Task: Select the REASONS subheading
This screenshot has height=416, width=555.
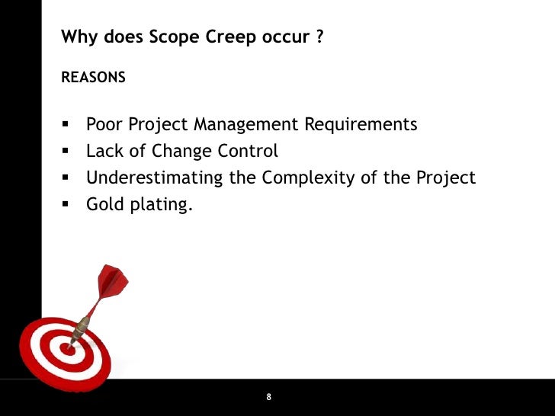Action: [93, 78]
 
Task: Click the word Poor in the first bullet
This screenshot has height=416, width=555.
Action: [104, 124]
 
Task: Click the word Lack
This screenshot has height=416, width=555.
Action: [104, 151]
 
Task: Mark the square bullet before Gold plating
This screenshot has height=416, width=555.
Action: [66, 204]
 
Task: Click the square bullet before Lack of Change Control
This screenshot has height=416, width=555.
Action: [66, 151]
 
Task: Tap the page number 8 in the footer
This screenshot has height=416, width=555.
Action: [269, 398]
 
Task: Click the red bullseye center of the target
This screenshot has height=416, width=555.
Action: [66, 351]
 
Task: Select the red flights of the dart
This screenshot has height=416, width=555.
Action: [112, 280]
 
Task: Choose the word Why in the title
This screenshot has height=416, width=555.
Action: [76, 37]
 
